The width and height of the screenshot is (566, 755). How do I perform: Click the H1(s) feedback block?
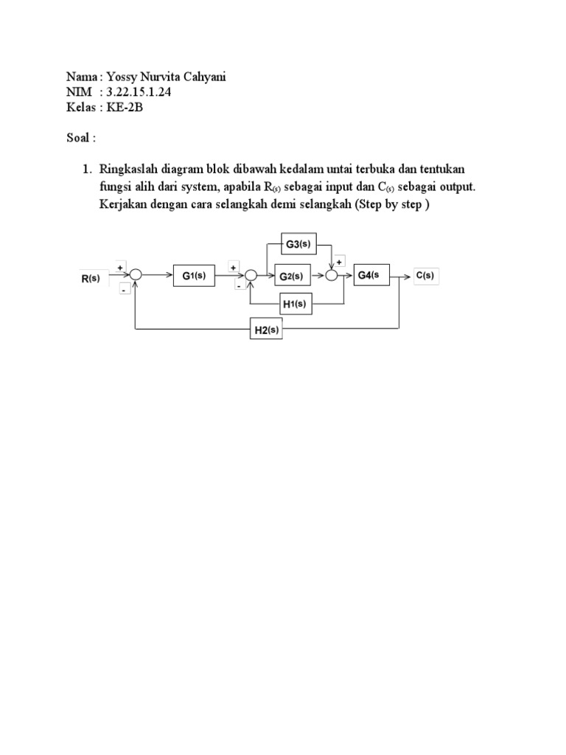click(293, 303)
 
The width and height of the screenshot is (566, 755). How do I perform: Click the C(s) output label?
click(425, 276)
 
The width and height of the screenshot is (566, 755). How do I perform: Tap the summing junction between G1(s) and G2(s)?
click(251, 276)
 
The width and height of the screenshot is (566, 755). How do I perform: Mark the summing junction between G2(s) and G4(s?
click(332, 276)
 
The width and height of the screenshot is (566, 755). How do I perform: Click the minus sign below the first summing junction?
click(124, 290)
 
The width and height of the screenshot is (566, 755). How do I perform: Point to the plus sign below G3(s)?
click(340, 260)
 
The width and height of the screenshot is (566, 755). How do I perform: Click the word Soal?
click(77, 137)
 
